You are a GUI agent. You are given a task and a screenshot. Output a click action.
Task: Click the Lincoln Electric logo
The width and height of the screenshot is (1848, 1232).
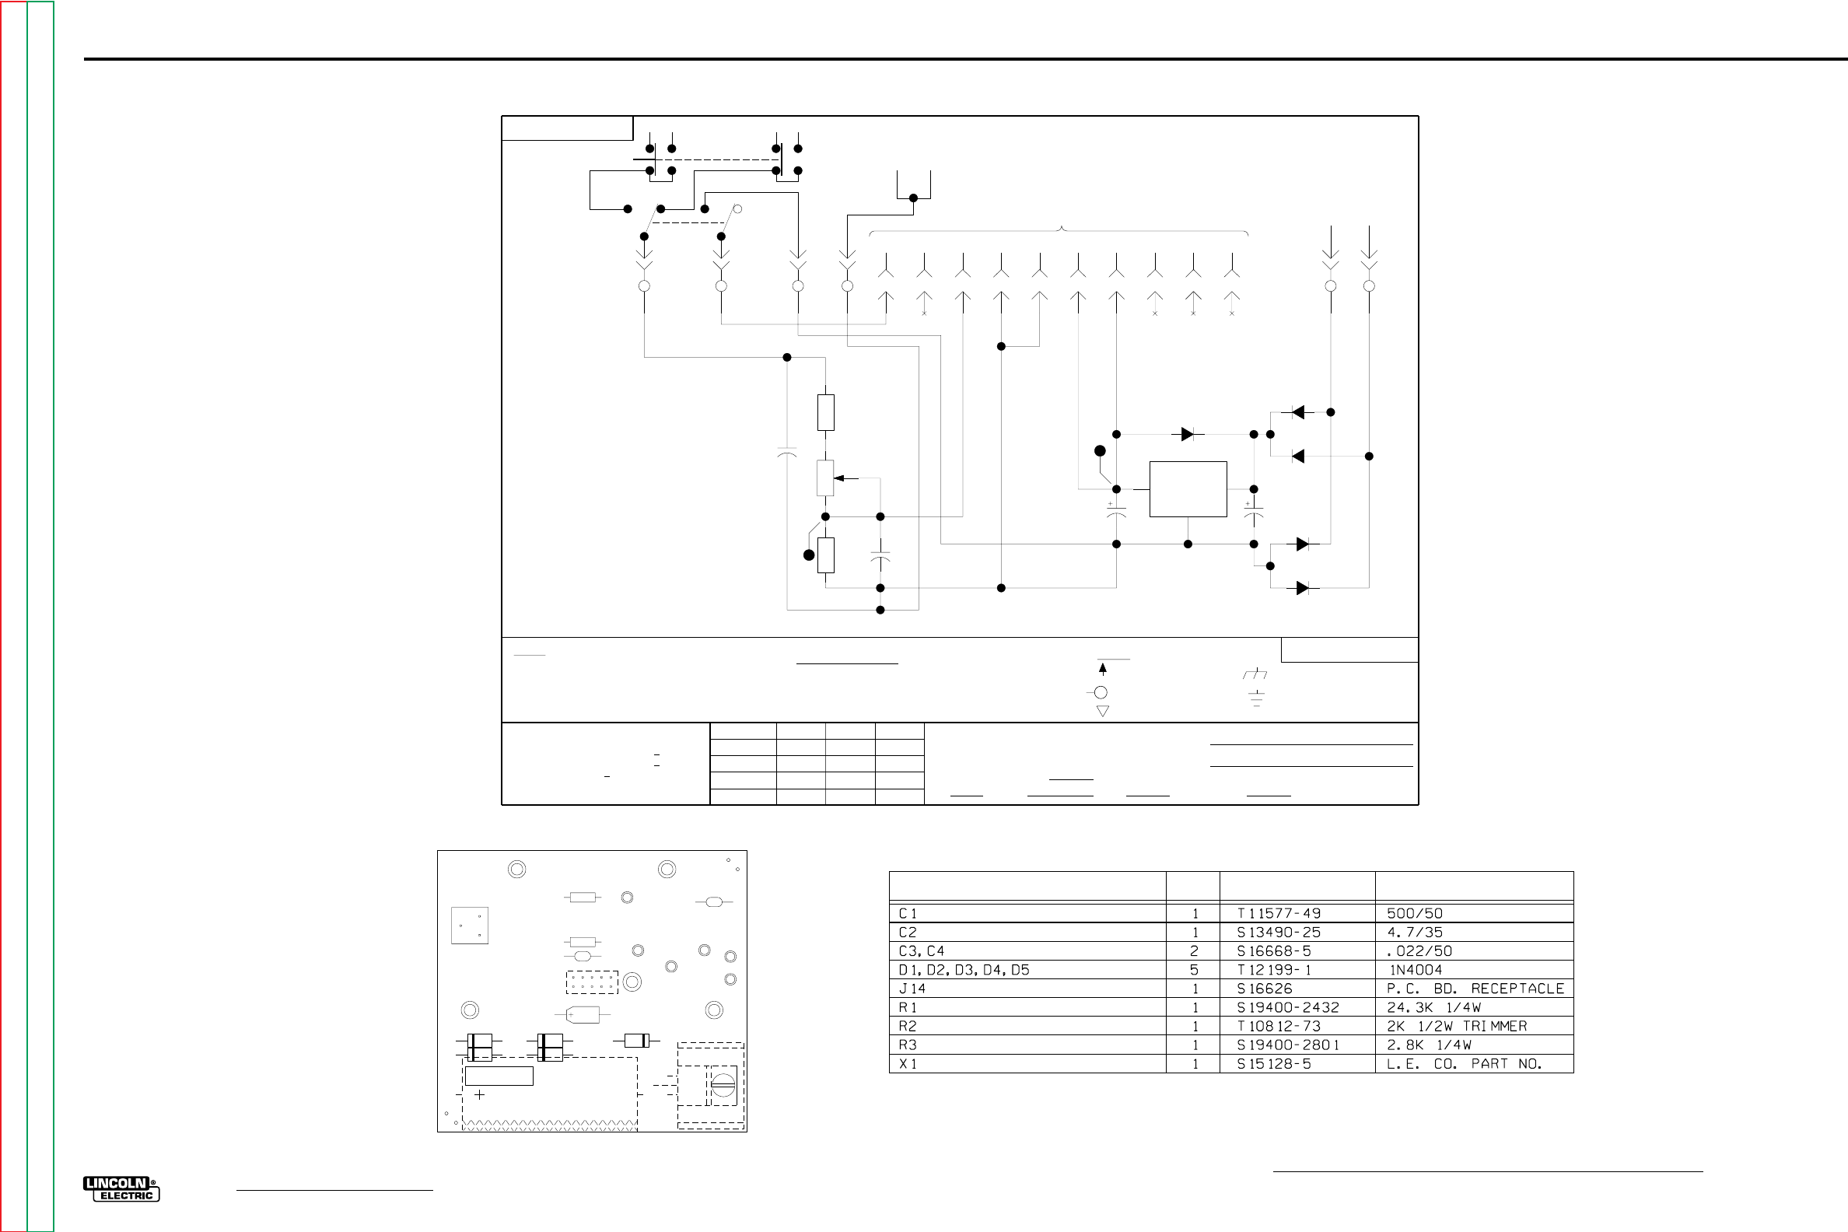click(x=121, y=1188)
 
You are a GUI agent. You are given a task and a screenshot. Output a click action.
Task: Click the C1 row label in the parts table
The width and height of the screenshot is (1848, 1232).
click(x=908, y=913)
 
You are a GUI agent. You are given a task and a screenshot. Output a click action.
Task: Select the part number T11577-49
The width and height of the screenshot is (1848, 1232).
click(x=1279, y=913)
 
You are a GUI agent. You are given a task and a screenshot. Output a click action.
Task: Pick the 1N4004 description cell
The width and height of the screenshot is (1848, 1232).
click(x=1416, y=970)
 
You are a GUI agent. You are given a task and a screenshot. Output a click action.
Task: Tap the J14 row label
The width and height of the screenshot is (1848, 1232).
click(x=912, y=989)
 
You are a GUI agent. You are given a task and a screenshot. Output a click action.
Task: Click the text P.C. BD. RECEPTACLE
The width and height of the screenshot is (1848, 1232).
click(x=1475, y=989)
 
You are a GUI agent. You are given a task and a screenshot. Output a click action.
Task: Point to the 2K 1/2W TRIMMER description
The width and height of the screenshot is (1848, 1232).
click(x=1457, y=1026)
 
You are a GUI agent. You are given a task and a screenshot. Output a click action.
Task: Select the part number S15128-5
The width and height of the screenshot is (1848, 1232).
click(x=1274, y=1064)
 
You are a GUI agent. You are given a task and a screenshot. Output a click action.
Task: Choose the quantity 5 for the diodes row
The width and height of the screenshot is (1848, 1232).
click(x=1195, y=970)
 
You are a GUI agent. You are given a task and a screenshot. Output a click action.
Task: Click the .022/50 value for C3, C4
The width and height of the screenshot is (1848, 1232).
click(x=1419, y=950)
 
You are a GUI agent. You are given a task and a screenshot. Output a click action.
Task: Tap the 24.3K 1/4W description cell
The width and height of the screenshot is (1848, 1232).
click(x=1433, y=1007)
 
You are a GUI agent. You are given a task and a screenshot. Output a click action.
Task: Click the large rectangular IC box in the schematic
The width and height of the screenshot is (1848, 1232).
click(x=1187, y=488)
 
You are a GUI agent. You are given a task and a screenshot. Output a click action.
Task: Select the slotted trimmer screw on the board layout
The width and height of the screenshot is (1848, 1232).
click(x=723, y=1086)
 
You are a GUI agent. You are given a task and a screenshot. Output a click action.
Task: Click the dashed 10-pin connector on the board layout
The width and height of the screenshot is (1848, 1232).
click(x=592, y=982)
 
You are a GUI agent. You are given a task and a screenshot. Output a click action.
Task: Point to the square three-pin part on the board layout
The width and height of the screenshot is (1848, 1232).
click(x=470, y=925)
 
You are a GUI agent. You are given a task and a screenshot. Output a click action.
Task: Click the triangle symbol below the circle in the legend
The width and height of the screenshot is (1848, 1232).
click(x=1102, y=711)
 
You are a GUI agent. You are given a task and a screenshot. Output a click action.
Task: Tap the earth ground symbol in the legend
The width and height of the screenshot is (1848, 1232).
click(x=1256, y=698)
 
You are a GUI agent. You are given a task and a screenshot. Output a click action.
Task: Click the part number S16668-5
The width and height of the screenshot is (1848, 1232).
click(x=1274, y=950)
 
